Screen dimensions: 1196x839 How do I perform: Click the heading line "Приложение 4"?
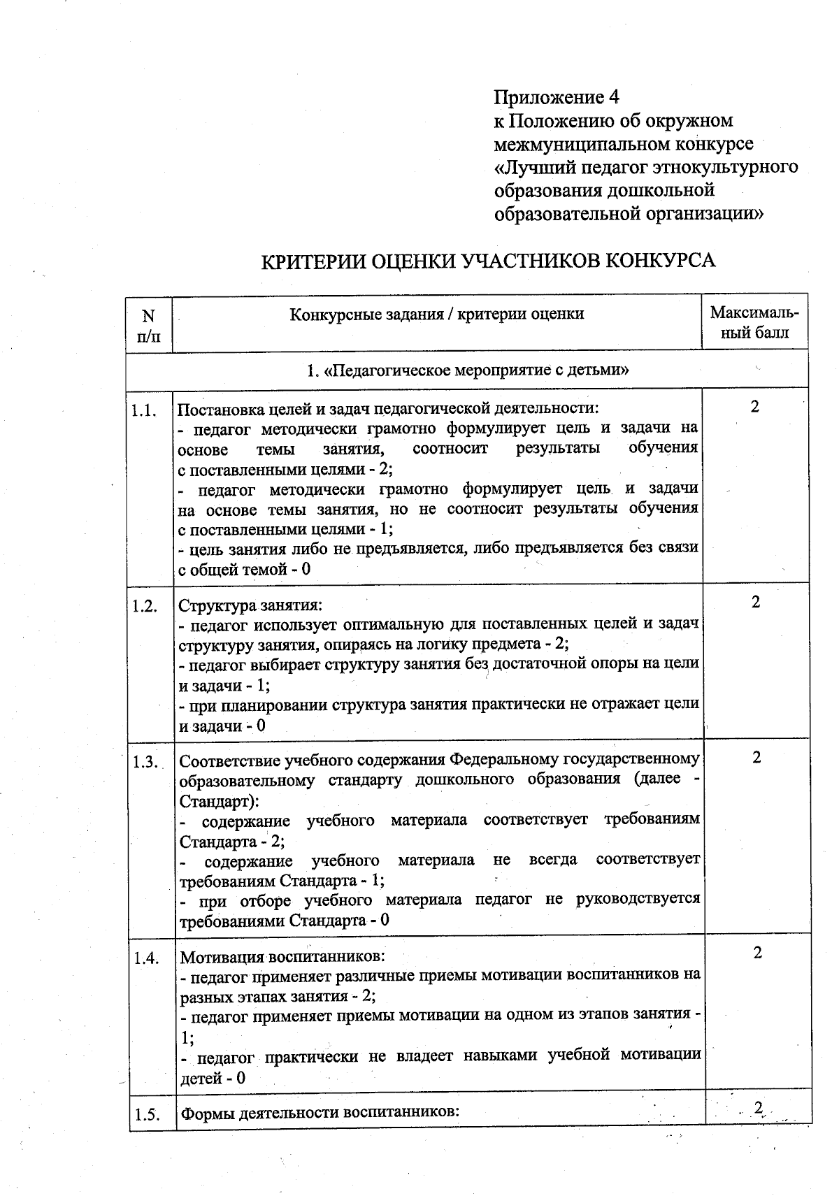(557, 96)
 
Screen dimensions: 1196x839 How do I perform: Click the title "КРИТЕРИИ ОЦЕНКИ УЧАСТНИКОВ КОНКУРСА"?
(487, 261)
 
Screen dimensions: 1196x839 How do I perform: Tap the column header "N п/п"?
(148, 325)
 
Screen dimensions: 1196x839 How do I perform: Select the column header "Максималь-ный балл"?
(754, 322)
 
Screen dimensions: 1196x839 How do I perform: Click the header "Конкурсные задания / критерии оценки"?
(436, 314)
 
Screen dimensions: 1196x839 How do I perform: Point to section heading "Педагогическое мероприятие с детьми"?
(468, 370)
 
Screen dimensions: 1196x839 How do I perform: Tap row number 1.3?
(145, 762)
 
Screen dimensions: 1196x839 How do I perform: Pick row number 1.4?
(145, 958)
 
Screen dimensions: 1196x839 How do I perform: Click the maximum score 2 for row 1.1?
(754, 407)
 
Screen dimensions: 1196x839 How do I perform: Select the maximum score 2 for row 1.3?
(756, 757)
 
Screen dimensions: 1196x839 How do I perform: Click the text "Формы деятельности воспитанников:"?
(319, 1112)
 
